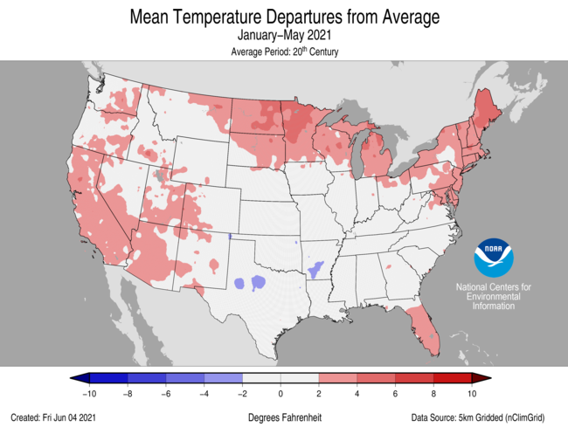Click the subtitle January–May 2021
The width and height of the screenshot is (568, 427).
tap(284, 36)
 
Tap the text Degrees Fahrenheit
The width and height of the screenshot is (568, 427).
tap(284, 418)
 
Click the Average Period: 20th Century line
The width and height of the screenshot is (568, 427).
tap(284, 52)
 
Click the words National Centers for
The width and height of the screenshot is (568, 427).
tap(493, 287)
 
